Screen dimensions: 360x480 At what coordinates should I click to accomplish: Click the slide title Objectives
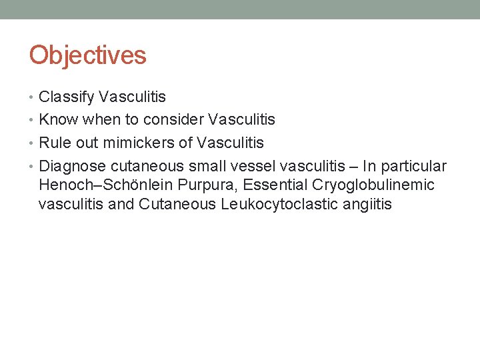[x=87, y=55]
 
